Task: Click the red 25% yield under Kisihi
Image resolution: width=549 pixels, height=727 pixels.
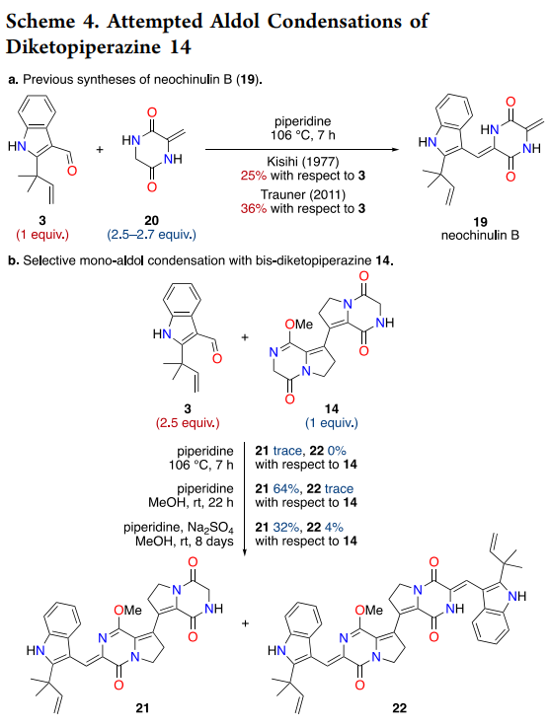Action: click(x=254, y=176)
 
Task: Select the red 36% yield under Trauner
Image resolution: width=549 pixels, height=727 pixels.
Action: click(x=254, y=209)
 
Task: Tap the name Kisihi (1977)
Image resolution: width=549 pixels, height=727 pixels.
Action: click(x=302, y=162)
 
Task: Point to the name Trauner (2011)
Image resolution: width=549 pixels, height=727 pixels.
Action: click(x=302, y=194)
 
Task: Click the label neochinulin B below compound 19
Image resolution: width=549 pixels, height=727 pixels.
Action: click(x=480, y=235)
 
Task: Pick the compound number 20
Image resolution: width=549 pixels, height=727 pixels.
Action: click(x=152, y=221)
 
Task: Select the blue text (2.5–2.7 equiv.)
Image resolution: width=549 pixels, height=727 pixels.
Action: click(x=152, y=235)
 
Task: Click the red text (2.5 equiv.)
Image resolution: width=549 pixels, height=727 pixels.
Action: click(x=188, y=423)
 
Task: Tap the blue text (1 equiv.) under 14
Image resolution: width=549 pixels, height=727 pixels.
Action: click(x=332, y=423)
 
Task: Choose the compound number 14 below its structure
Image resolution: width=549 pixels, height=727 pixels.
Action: click(x=332, y=409)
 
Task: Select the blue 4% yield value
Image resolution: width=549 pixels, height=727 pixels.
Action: click(x=334, y=527)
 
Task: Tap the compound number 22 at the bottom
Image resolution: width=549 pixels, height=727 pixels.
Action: click(x=400, y=708)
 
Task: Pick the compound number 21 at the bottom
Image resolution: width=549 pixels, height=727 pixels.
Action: click(x=142, y=708)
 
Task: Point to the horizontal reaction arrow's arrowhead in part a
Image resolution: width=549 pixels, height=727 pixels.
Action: click(x=395, y=149)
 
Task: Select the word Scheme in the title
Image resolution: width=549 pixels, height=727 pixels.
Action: click(x=40, y=22)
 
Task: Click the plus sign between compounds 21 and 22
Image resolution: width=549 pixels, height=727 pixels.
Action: click(x=245, y=623)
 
